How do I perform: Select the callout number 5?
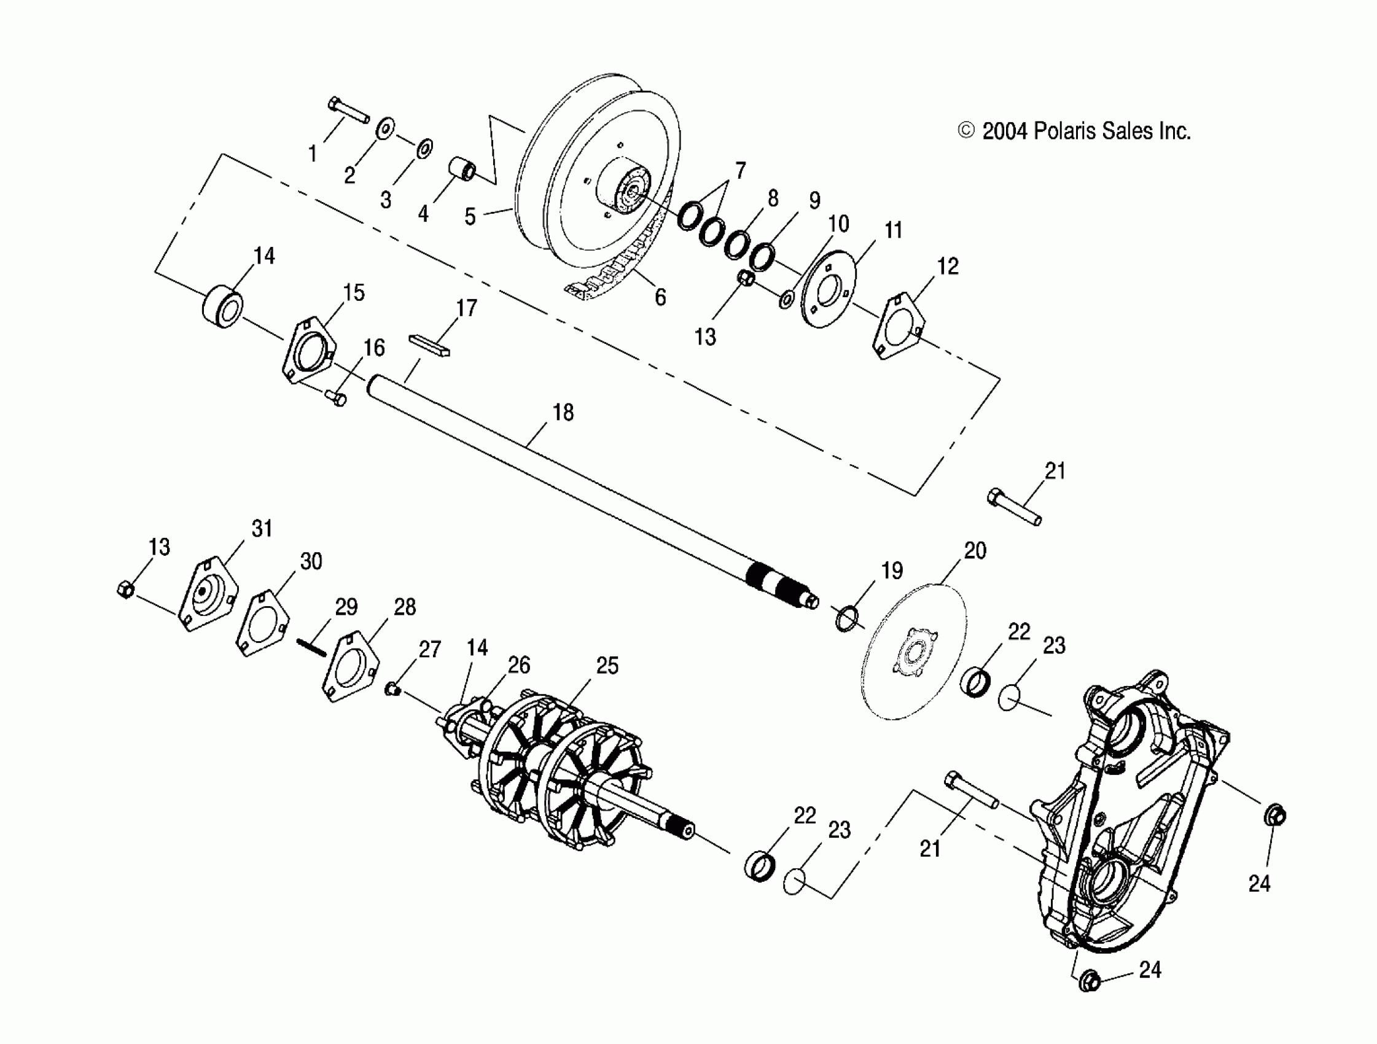(470, 216)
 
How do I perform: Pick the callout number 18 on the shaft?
(563, 412)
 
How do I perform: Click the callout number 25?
(607, 666)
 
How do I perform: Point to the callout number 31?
(262, 529)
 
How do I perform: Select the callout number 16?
(373, 348)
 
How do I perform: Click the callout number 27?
(429, 649)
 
